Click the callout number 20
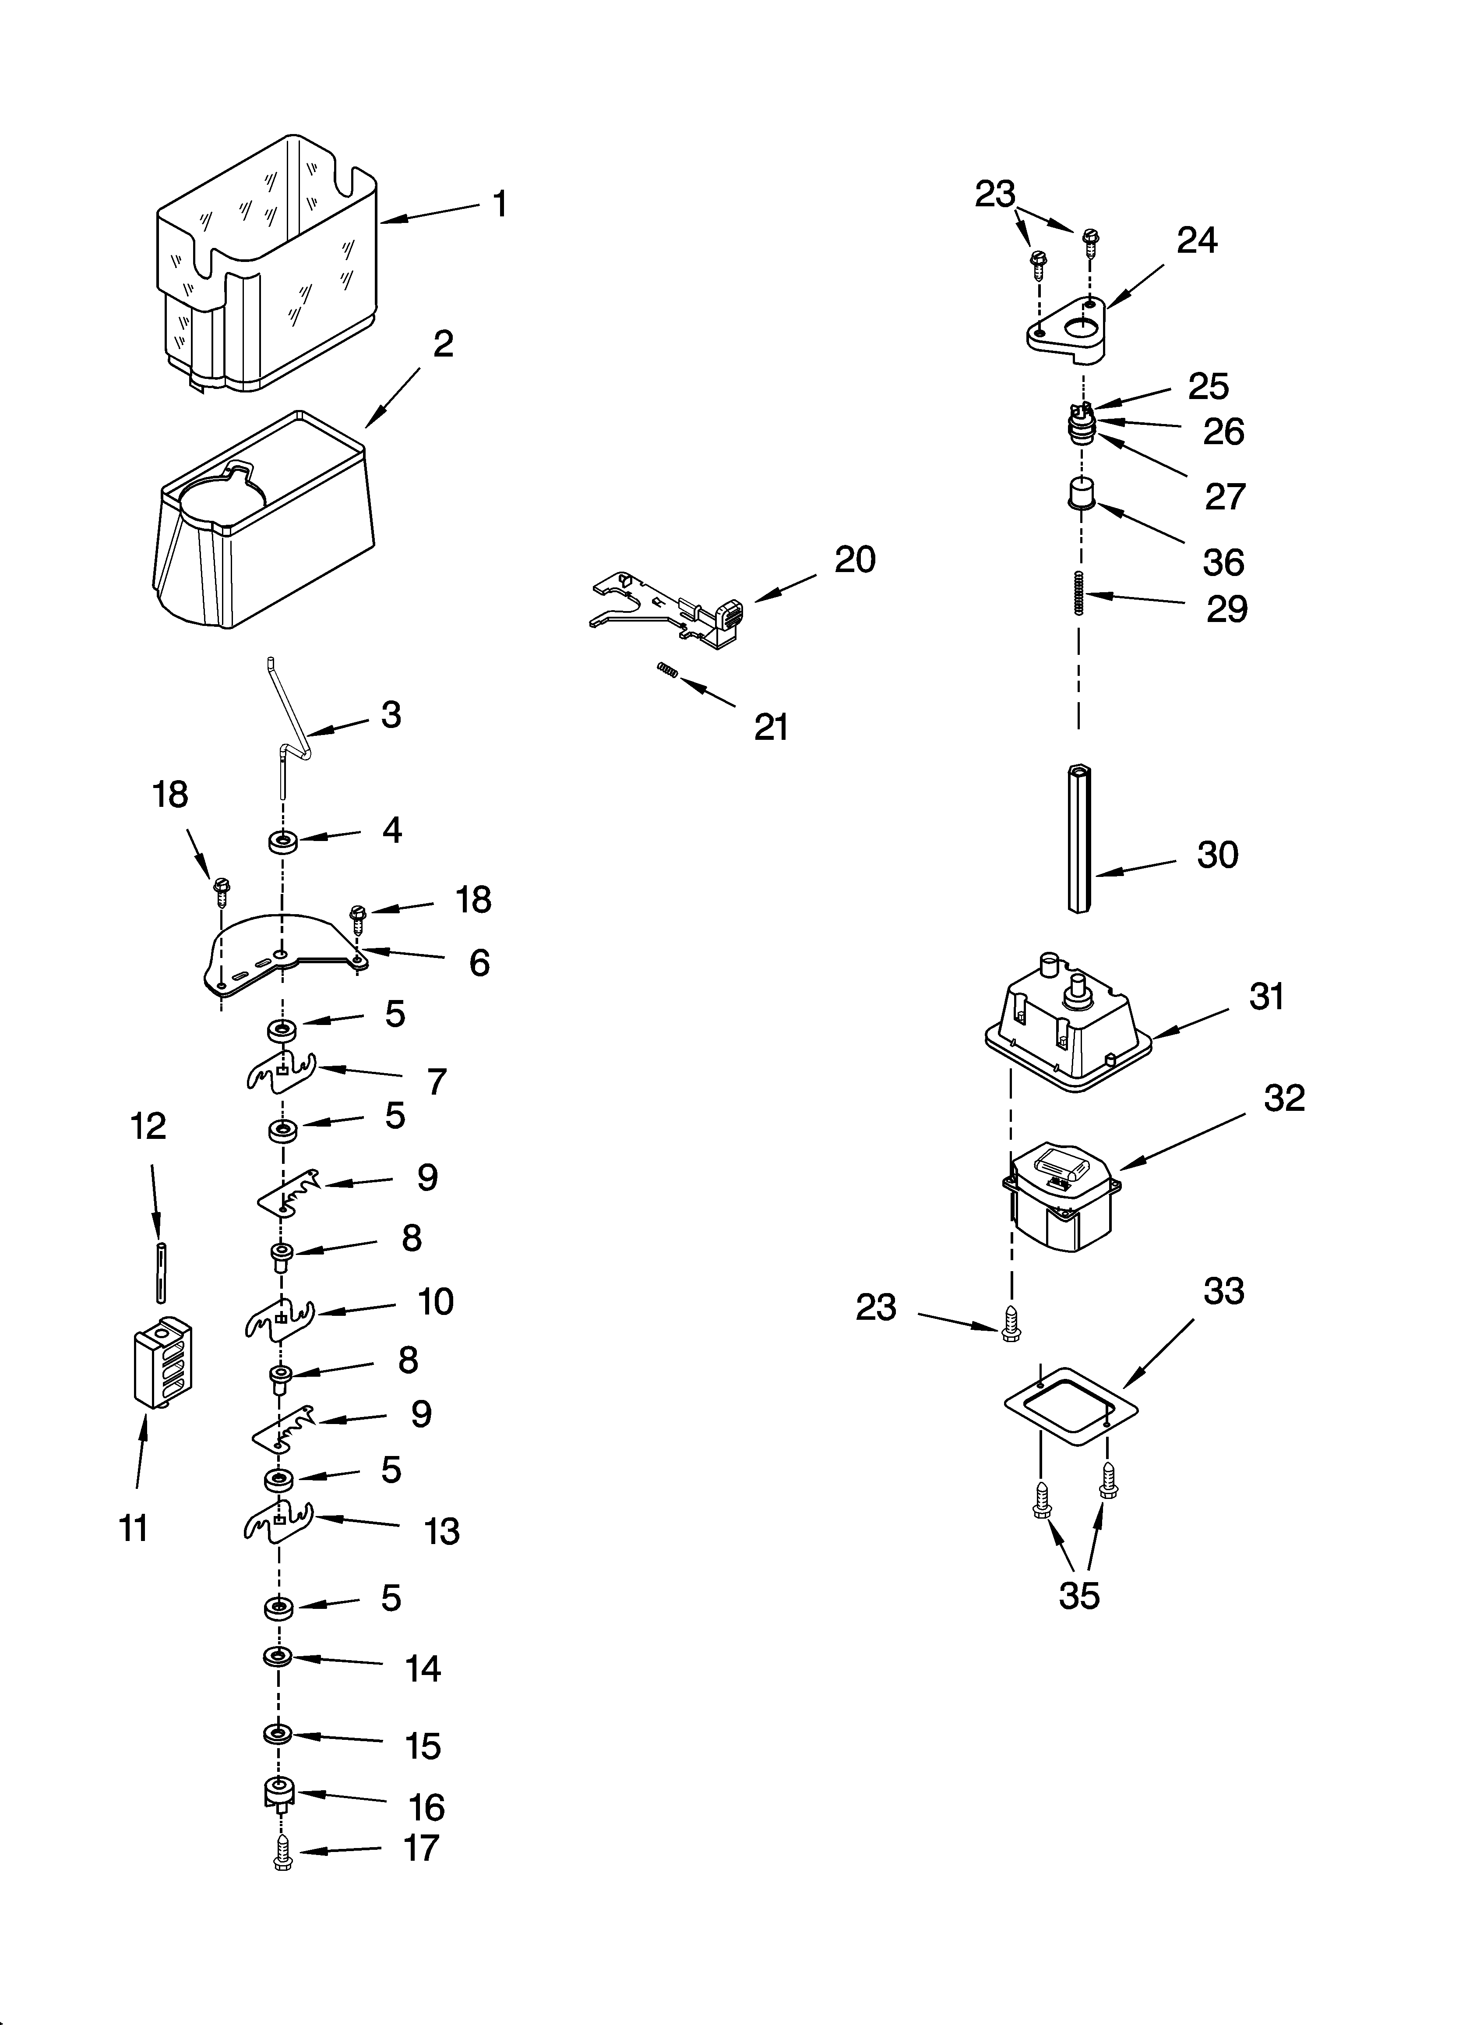(854, 560)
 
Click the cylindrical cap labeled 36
(1082, 493)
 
